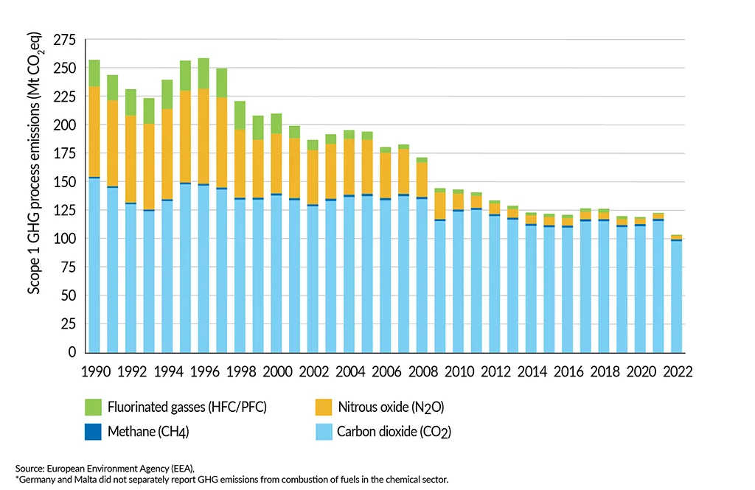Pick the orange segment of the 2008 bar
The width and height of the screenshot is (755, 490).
pos(421,179)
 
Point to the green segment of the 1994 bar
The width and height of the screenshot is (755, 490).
pos(167,94)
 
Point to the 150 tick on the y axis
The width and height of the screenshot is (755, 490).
pos(68,182)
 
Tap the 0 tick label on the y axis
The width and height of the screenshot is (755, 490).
pos(72,352)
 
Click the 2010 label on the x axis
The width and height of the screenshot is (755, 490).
pos(458,371)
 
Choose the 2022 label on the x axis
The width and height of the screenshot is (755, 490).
pos(676,371)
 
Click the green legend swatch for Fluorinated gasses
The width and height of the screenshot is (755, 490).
pos(92,407)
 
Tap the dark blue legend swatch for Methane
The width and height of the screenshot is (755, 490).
pos(92,432)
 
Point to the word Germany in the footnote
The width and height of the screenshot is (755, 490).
pos(37,479)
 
